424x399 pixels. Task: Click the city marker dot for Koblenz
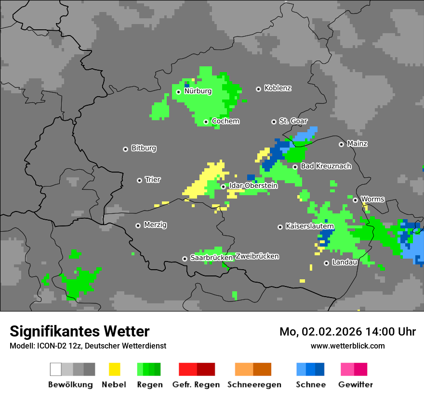pos(258,89)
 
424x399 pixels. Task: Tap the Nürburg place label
pos(198,91)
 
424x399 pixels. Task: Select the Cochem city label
pos(225,121)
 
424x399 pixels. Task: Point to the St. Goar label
pos(293,121)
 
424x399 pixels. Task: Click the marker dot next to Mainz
pos(341,144)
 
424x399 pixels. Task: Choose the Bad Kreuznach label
pos(326,166)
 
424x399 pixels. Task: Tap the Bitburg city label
pos(144,149)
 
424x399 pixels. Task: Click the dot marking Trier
pos(139,180)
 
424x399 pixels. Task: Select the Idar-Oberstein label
pos(253,186)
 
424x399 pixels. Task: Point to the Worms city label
pos(372,199)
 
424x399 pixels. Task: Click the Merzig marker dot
pos(138,225)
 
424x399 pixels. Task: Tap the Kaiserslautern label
pos(310,226)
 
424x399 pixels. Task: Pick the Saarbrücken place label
pos(212,258)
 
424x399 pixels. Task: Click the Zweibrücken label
pos(257,256)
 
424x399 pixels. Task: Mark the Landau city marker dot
pos(326,263)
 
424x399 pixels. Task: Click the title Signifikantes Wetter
pos(79,331)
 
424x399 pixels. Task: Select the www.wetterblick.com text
pos(347,346)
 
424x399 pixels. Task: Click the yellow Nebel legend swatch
pos(114,369)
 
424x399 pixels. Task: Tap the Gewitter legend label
pos(355,385)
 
